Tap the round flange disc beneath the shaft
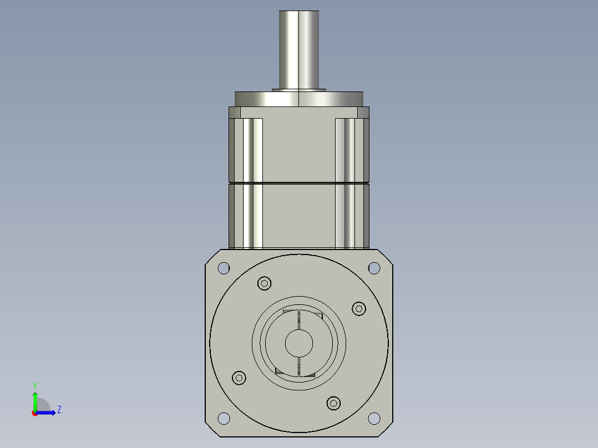[x=299, y=99]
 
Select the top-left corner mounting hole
[x=224, y=268]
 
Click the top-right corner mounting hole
[x=374, y=268]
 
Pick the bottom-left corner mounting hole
[x=224, y=418]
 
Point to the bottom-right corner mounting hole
[x=374, y=418]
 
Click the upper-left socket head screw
[x=265, y=283]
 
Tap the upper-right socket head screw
[x=359, y=309]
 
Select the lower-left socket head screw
[x=239, y=378]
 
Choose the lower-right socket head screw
[x=333, y=403]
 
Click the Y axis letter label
[x=34, y=385]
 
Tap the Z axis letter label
[x=59, y=410]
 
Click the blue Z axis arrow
[x=48, y=413]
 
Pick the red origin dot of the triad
[x=34, y=413]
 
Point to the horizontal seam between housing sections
[x=299, y=183]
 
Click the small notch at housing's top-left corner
[x=235, y=113]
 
